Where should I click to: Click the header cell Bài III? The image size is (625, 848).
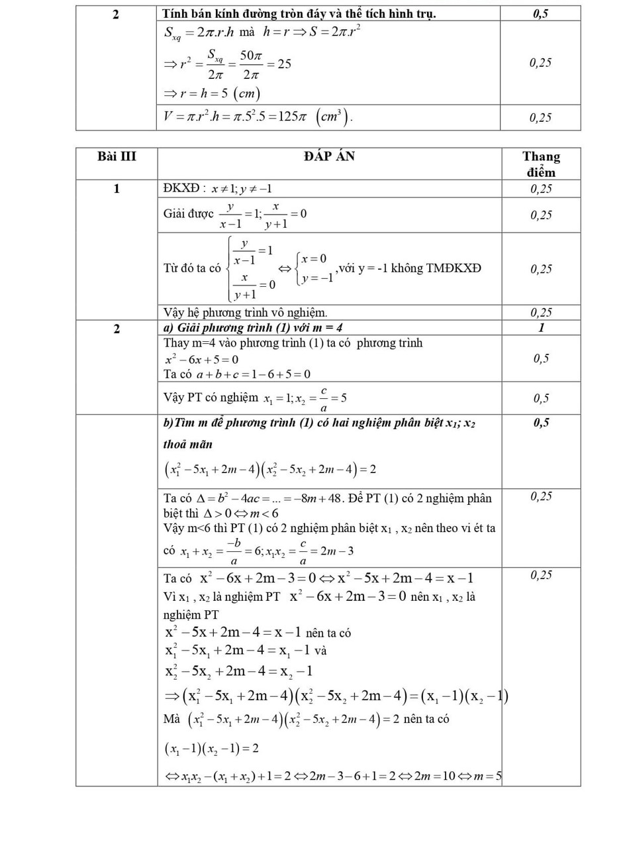pos(117,157)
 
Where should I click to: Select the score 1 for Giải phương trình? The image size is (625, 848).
pos(541,328)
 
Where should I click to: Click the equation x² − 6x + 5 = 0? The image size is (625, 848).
pos(201,359)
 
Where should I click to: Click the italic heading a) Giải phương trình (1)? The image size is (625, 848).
pos(253,328)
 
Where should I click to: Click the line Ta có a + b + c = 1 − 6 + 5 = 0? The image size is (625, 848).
pos(236,374)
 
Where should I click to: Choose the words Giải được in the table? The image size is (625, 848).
pos(188,214)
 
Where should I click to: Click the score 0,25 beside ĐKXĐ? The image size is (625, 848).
pos(541,189)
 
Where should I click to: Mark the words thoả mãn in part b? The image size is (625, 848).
pos(187,445)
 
